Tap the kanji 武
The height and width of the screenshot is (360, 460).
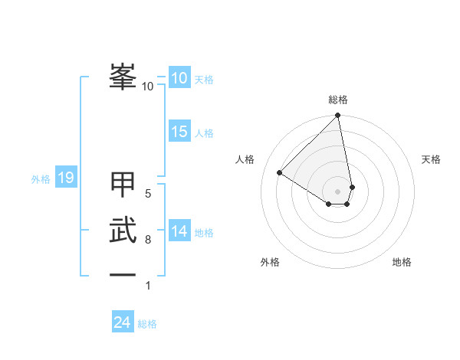coord(123,232)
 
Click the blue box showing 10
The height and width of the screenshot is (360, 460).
coord(179,78)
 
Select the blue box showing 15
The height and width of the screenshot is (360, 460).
coord(179,132)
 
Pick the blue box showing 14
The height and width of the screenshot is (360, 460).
coord(179,231)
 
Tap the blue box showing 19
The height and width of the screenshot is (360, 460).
coord(65,178)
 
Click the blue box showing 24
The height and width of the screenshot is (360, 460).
coord(122,322)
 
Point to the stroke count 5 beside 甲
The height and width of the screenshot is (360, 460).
coord(148,194)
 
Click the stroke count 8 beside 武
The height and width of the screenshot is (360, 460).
coord(148,240)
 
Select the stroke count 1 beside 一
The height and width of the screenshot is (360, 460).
coord(148,286)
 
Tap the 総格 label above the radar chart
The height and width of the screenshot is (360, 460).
coord(338,100)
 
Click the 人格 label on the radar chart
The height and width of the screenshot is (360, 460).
coord(245,159)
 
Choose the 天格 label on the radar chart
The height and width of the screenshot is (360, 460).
coord(431,159)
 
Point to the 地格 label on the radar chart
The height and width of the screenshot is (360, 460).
coord(402,262)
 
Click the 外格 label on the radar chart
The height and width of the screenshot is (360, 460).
coord(270,262)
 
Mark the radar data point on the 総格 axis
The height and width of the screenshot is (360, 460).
coord(338,116)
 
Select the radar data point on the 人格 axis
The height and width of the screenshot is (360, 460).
coord(280,172)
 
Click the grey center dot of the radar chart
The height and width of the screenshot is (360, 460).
coord(338,191)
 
